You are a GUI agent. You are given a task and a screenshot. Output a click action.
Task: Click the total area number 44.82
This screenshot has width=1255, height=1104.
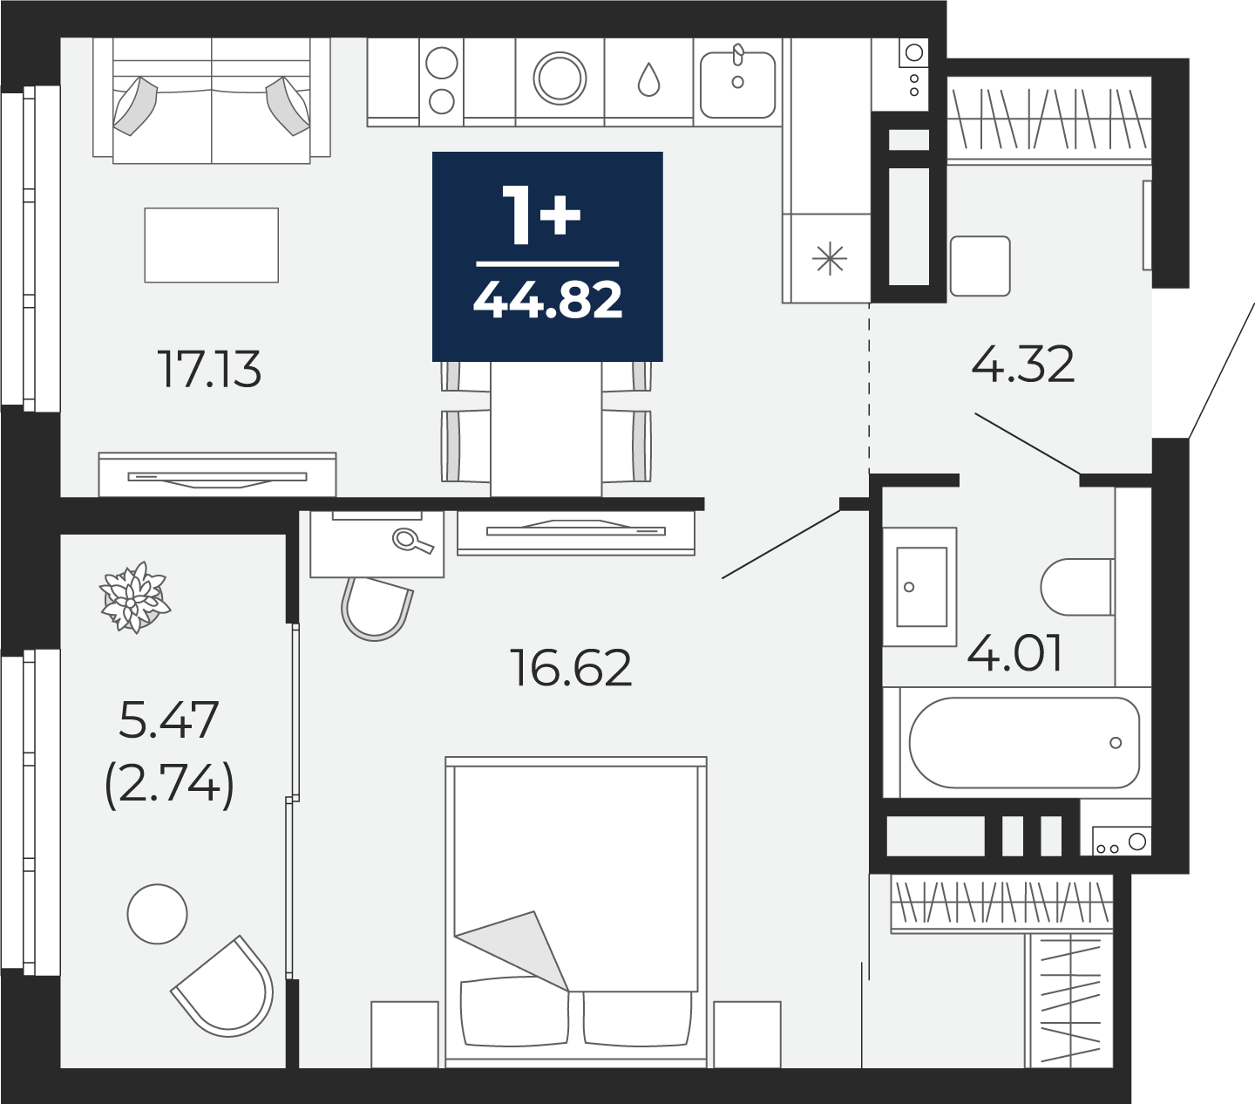click(547, 300)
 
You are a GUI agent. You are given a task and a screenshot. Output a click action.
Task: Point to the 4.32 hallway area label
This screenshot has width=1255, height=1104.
click(1022, 365)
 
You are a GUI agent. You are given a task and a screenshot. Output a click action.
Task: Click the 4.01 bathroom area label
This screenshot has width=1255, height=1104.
click(1014, 653)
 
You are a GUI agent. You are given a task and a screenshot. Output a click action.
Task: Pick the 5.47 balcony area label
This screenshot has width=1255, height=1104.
click(168, 719)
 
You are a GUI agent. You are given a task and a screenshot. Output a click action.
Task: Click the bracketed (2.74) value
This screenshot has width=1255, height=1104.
click(169, 784)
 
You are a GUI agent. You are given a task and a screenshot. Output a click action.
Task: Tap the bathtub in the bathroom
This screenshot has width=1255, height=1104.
click(1025, 742)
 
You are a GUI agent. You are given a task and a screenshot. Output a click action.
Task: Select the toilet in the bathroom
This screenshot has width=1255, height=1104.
click(1076, 587)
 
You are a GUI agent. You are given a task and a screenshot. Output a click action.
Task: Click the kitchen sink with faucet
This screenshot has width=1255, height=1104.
click(737, 84)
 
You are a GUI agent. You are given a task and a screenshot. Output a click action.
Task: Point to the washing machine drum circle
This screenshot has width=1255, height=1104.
click(560, 78)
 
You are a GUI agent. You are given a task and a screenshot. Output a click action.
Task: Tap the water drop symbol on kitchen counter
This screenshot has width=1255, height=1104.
click(648, 79)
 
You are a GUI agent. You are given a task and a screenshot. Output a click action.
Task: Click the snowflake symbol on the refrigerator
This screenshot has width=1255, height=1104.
click(830, 260)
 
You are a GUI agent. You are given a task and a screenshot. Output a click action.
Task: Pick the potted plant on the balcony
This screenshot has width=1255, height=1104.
click(135, 597)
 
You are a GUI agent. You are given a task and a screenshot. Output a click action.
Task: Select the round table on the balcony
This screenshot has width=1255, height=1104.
click(158, 914)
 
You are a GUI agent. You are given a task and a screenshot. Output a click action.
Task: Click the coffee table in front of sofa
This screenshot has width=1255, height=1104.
click(211, 245)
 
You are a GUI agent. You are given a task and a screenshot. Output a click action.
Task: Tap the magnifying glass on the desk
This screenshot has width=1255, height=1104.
click(412, 542)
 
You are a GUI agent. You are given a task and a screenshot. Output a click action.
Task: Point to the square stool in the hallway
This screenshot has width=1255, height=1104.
click(980, 266)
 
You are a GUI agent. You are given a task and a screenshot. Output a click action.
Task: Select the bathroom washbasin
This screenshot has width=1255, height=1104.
click(920, 586)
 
